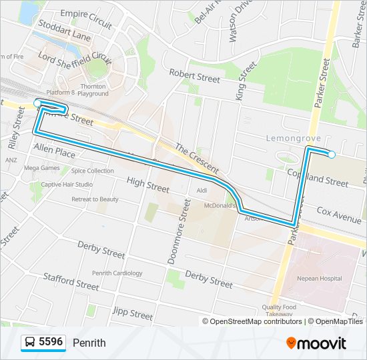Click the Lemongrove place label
tap(294, 138)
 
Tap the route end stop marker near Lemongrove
tap(332, 155)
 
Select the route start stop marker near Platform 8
tap(37, 103)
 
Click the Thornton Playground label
tap(93, 90)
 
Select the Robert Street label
tap(194, 75)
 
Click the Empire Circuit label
tap(86, 18)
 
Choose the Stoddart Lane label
tap(65, 34)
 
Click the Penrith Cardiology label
tap(117, 273)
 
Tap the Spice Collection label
tap(93, 171)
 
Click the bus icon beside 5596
tap(30, 343)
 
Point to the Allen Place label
tap(55, 151)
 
